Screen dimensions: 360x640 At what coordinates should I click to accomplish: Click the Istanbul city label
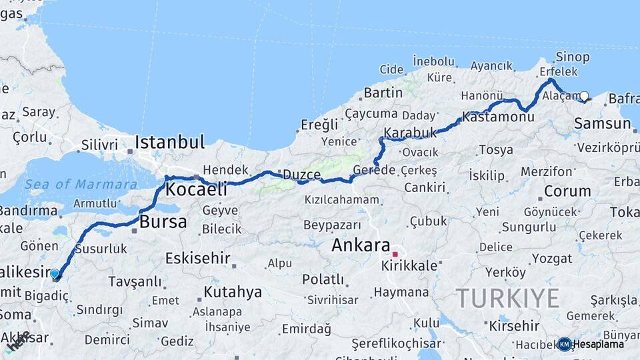pos(169,142)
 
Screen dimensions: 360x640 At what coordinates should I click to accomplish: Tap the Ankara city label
pos(361,245)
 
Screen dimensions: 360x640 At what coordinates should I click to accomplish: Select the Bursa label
pos(163,222)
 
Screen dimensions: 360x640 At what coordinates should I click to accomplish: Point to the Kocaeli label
pos(196,189)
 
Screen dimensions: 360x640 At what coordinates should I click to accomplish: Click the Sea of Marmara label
pos(81,184)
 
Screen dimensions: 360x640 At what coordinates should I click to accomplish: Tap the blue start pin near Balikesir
pos(55,273)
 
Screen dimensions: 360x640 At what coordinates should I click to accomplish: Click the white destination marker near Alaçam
pos(585,96)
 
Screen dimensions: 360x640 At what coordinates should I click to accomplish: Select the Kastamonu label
pos(498,117)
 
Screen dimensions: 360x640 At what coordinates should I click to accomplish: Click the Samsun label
pos(602,123)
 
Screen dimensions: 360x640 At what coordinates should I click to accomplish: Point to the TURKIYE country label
pos(507,298)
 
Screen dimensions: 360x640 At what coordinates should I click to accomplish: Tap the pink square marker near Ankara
pos(395,254)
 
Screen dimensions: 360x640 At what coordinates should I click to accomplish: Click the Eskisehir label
pos(197,258)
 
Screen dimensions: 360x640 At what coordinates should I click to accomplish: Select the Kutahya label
pos(233,292)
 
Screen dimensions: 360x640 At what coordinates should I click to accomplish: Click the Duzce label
pos(302,175)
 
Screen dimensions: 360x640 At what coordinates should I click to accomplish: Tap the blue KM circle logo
pos(565,344)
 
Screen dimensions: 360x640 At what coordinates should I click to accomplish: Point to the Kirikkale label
pos(409,265)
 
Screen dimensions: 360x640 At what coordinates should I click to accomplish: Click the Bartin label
pos(383,93)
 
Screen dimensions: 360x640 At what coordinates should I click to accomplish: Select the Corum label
pos(567,191)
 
